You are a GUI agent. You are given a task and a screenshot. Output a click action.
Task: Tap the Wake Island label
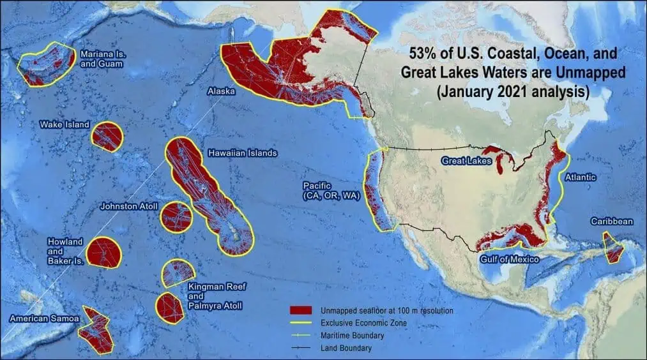coord(65,124)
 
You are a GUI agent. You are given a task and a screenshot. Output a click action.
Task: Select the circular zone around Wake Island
coord(106,137)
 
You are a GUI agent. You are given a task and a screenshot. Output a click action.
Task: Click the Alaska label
coord(221,92)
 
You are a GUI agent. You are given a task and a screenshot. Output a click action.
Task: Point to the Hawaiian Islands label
coord(242,154)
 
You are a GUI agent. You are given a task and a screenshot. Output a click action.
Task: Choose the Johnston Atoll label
coord(129,207)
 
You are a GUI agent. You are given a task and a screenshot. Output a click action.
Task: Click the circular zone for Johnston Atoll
coord(176,217)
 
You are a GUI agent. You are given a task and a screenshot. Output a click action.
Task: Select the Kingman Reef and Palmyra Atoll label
coord(215,297)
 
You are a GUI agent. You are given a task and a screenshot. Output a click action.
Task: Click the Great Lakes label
coord(466,161)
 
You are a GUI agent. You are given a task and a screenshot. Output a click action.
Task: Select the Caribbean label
coord(611,221)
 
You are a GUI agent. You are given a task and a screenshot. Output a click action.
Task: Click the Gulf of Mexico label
coord(510,259)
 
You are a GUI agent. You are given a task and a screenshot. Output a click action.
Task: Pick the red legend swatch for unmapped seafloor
coord(302,311)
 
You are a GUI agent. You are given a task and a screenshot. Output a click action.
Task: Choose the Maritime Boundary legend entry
coord(353,336)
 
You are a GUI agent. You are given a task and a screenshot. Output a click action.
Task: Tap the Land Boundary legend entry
coord(346,349)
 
